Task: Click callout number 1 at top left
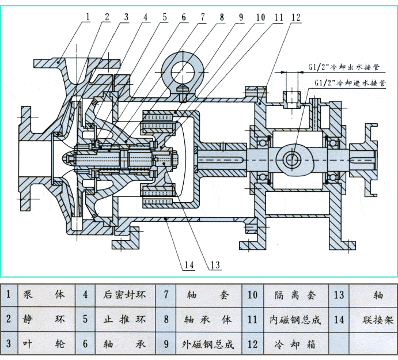click(x=88, y=17)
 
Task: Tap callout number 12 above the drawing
click(x=295, y=17)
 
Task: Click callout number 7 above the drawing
click(x=202, y=17)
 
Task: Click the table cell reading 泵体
click(x=44, y=295)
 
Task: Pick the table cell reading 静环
click(x=44, y=319)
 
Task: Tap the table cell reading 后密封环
click(x=125, y=295)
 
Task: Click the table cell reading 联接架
click(x=378, y=319)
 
